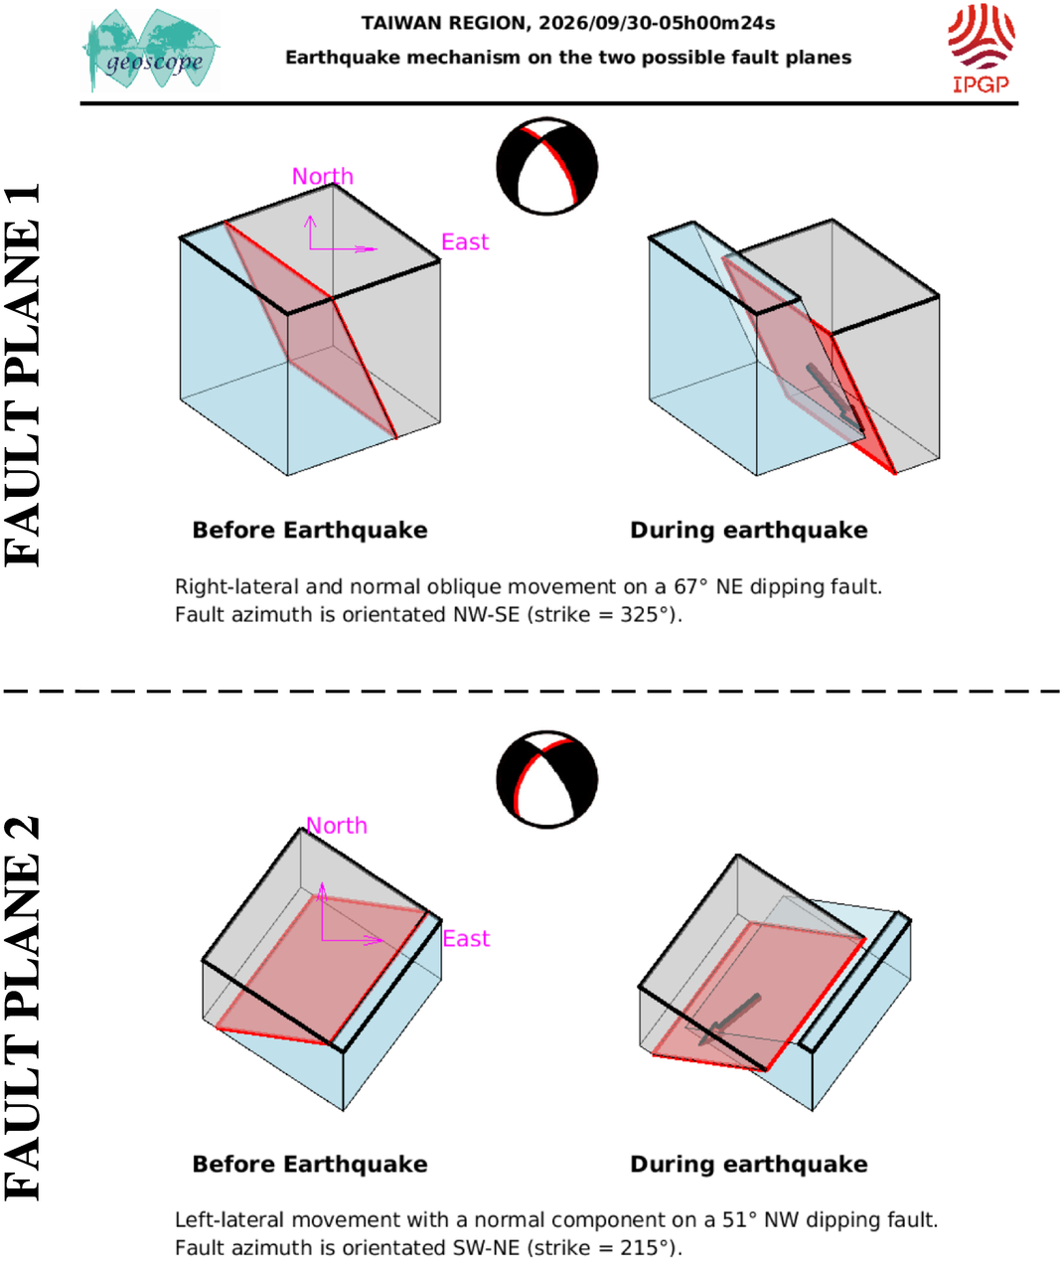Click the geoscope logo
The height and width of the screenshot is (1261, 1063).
(x=151, y=50)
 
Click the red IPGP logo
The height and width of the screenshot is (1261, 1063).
(x=981, y=49)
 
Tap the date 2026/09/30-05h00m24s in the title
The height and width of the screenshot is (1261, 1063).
(x=657, y=23)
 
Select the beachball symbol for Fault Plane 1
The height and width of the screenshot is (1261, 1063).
(x=546, y=166)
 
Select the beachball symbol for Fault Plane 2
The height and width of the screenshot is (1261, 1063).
(x=546, y=779)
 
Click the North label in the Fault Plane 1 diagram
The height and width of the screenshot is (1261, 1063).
(x=323, y=176)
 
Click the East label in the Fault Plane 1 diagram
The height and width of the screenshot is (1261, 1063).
(x=465, y=242)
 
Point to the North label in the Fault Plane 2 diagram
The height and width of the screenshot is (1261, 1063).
(x=337, y=826)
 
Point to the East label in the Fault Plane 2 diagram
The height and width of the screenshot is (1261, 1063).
(x=466, y=938)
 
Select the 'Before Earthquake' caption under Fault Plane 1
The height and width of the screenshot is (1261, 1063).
(x=310, y=531)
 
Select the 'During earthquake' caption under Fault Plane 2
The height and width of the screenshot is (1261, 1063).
(x=749, y=1164)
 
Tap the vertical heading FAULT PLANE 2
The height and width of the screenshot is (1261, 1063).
(x=22, y=1008)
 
